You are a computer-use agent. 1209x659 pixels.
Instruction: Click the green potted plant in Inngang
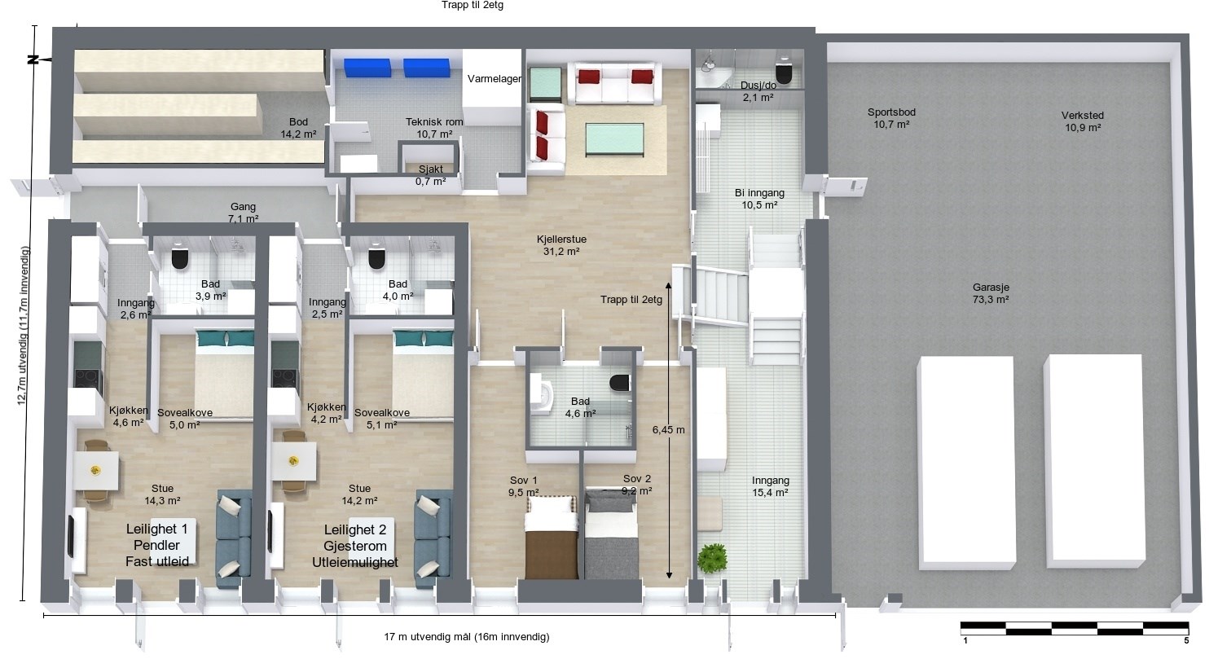712,557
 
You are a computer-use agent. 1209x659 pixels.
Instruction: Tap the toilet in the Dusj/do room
783,72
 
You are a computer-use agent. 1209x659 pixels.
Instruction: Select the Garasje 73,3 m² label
991,293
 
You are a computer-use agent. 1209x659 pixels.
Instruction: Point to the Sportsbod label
891,112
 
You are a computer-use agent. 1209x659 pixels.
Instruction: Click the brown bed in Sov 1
551,538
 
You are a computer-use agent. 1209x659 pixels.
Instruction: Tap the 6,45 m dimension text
668,430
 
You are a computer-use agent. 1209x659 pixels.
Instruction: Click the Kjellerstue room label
561,239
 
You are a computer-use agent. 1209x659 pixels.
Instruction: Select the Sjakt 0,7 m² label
431,175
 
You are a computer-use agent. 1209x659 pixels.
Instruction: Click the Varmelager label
495,79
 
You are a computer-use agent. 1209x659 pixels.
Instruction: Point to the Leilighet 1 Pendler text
157,537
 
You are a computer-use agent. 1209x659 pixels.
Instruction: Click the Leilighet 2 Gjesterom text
355,538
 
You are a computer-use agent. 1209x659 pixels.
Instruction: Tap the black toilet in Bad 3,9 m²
180,257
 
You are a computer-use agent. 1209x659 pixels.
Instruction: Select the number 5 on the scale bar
1186,640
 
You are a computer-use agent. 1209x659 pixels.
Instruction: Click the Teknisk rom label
434,122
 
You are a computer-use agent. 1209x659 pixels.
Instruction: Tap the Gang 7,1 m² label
244,213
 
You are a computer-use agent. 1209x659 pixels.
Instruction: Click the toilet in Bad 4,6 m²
620,382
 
